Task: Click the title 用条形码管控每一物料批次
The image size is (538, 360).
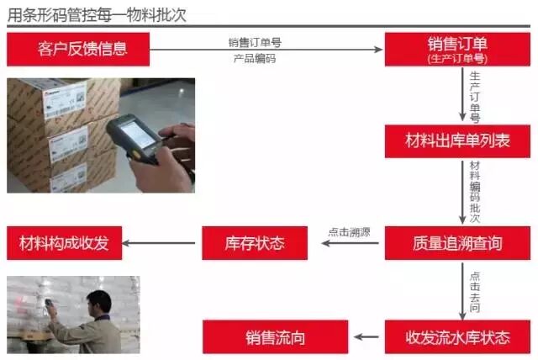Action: coord(97,15)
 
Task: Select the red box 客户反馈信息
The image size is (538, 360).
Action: coord(78,49)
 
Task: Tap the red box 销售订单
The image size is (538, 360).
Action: coord(457,44)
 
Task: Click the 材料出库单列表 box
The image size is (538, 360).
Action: coord(457,140)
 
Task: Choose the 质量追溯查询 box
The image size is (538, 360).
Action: coord(457,243)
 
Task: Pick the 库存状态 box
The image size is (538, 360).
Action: coord(255,243)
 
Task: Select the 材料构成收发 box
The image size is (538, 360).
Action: coord(64,243)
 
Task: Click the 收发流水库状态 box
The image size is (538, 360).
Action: coord(457,337)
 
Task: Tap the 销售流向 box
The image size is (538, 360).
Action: coord(275,337)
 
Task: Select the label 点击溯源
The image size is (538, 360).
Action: coord(346,233)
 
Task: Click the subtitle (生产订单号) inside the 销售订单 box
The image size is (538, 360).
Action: coord(457,57)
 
